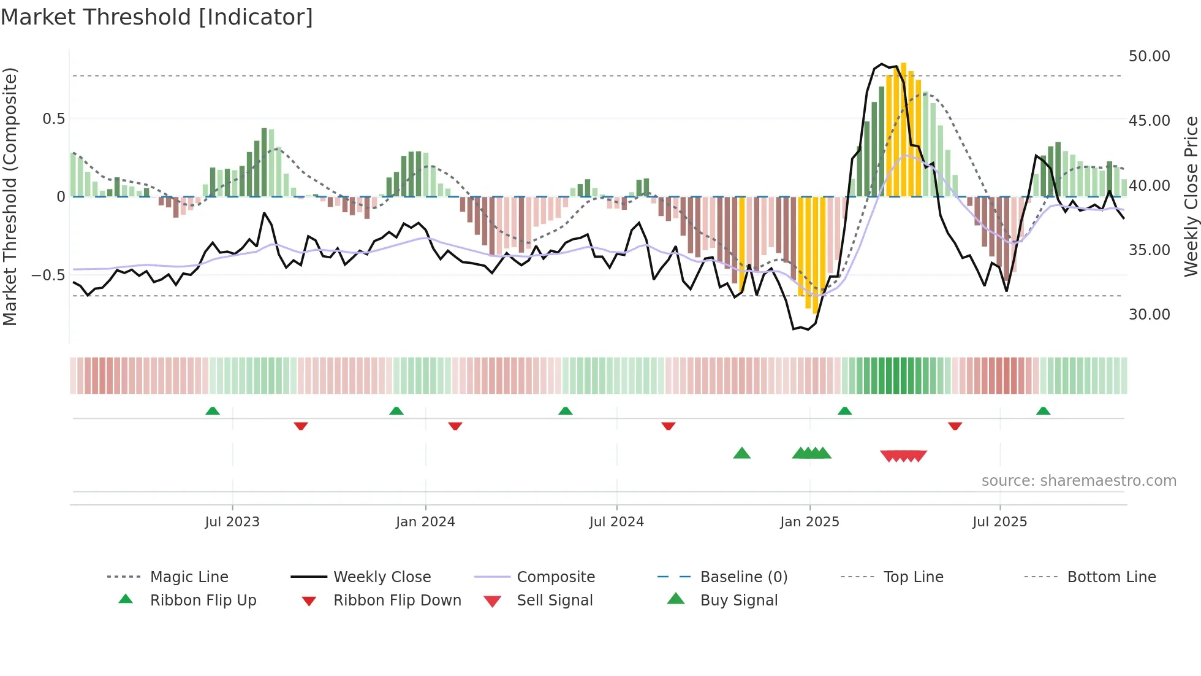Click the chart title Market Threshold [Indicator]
[x=157, y=17]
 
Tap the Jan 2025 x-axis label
[x=809, y=522]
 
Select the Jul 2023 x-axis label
[x=232, y=522]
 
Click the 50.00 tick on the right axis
[x=1149, y=56]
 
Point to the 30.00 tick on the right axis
[x=1149, y=315]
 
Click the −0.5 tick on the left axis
[x=48, y=275]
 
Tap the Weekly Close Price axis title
[x=1191, y=196]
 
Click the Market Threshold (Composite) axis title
[x=10, y=196]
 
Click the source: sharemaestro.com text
[x=1078, y=481]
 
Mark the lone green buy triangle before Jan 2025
[x=741, y=453]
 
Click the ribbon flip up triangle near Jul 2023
[x=213, y=410]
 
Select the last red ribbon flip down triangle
[x=955, y=426]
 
